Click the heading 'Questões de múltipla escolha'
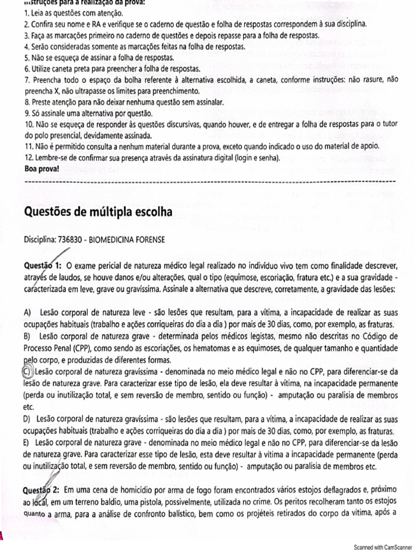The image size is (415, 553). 98,212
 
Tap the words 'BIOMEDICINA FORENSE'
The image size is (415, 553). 129,239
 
